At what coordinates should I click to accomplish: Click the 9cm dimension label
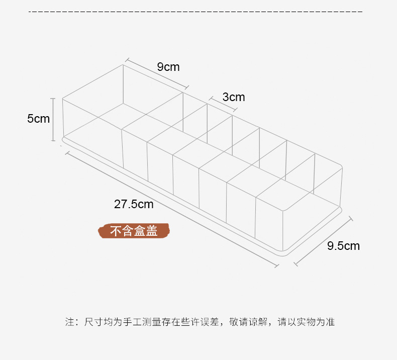point(168,67)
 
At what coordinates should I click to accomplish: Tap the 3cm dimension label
point(234,97)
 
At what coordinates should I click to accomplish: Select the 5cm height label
point(38,119)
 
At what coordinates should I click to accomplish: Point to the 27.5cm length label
point(134,204)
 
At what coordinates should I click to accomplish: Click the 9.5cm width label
point(343,246)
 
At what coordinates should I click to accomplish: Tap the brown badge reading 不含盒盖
point(134,231)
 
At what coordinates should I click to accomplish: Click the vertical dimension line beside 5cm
point(53,119)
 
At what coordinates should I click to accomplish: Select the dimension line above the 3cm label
point(223,104)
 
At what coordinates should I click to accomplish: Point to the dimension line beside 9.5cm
point(323,241)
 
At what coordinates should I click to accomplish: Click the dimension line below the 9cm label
point(157,73)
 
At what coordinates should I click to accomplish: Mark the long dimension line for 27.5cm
point(172,209)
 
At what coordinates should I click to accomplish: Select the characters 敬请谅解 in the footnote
point(248,322)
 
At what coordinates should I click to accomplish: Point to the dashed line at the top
point(195,12)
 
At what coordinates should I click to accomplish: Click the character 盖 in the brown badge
point(151,231)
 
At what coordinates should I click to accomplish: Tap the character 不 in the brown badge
point(116,231)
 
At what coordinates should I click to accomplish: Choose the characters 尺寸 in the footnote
point(94,322)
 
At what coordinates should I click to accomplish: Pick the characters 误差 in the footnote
point(210,322)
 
